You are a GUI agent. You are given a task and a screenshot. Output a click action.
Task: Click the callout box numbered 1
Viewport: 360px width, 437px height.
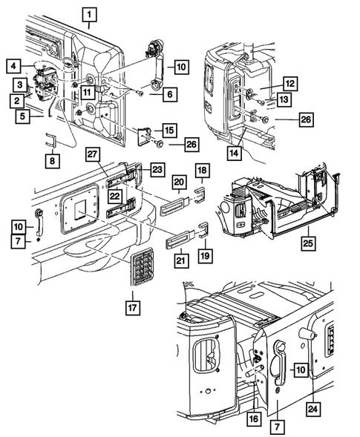coord(90,15)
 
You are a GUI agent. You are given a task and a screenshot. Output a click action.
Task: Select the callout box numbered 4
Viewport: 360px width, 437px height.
coord(13,66)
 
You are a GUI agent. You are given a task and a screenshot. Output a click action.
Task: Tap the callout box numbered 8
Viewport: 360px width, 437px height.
coord(53,161)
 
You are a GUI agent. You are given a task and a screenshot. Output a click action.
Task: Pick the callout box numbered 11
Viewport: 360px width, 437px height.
coord(88,92)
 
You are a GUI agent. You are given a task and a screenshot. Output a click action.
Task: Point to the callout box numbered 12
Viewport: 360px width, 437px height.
coord(290,83)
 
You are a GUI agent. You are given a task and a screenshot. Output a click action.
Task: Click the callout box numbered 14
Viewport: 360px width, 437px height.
coord(235,153)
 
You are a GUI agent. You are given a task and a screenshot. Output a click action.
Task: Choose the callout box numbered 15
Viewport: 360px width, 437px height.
coord(169,130)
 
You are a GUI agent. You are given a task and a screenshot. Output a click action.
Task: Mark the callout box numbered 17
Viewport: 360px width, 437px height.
coord(132,308)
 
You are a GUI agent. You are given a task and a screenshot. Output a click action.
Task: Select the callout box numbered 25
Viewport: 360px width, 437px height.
coord(308,243)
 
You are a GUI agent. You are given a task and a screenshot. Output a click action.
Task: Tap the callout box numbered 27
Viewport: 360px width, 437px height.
coord(92,154)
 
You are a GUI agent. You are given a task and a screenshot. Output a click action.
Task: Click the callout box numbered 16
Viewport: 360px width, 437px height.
coord(254,418)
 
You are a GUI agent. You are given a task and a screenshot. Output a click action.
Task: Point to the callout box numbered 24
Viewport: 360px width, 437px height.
coord(313,409)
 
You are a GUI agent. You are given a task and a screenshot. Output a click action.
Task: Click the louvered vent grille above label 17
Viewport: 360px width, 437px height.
coord(143,266)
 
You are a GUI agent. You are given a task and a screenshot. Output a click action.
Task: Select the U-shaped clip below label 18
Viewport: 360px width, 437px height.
coord(200,195)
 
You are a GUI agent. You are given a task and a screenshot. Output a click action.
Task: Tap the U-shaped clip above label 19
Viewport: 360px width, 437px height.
coord(203,231)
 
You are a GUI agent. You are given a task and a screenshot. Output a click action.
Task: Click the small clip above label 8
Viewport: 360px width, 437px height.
coord(50,140)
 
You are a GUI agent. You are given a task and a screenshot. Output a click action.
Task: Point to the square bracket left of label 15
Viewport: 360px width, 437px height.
coord(145,137)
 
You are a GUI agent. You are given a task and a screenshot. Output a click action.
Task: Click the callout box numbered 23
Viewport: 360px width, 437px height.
coord(157,169)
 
